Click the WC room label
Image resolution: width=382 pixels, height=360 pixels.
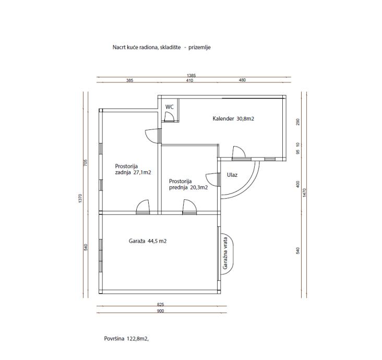(169, 107)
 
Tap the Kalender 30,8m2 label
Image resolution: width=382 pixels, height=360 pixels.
(233, 119)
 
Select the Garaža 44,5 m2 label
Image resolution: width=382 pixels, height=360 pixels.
(148, 241)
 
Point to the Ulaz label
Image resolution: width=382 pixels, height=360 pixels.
(232, 175)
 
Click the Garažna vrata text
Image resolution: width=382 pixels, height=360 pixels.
(225, 253)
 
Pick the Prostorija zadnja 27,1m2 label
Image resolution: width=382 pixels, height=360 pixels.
(133, 170)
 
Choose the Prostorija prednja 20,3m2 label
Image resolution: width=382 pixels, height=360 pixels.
(188, 184)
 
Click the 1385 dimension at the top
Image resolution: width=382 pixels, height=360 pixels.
(191, 76)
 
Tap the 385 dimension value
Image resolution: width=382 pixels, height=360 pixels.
(129, 80)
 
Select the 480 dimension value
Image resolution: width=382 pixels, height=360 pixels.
(242, 80)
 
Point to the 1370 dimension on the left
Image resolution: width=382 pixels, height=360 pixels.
(80, 199)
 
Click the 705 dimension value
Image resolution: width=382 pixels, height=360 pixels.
(85, 163)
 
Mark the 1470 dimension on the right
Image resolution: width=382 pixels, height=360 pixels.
(304, 193)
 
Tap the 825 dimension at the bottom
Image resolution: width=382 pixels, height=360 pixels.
(161, 305)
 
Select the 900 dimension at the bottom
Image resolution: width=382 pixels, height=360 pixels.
(161, 311)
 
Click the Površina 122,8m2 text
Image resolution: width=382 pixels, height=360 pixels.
(126, 339)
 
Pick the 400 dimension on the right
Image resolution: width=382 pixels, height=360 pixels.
(297, 184)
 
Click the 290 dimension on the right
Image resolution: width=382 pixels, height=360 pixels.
(297, 122)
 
